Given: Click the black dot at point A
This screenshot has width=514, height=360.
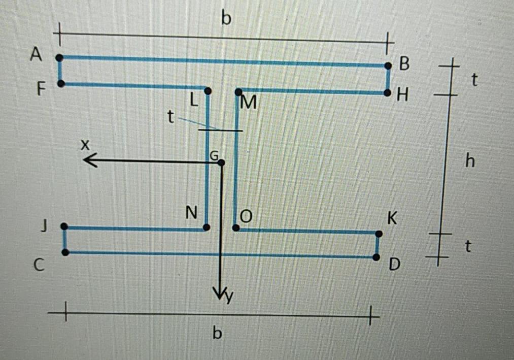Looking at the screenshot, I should click(x=59, y=57).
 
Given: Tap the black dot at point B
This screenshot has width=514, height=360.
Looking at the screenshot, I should click(x=388, y=66).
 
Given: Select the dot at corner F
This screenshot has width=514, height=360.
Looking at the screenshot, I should click(x=61, y=83).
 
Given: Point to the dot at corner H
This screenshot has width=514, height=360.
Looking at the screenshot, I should click(x=387, y=93).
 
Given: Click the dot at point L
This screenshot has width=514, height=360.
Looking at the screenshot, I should click(x=207, y=91).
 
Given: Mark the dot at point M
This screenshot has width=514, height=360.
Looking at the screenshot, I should click(x=238, y=92).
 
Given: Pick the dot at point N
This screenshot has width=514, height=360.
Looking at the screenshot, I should click(x=206, y=227).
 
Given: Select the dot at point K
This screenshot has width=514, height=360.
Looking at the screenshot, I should click(x=379, y=234).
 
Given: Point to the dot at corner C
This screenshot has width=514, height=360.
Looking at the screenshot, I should click(x=65, y=252).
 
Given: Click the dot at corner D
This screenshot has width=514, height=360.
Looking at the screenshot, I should click(x=376, y=257).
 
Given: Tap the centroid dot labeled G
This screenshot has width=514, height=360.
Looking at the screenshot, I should click(x=221, y=162).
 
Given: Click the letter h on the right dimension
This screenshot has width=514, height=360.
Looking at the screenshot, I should click(x=470, y=161).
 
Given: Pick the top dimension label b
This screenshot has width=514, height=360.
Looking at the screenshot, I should click(x=226, y=19).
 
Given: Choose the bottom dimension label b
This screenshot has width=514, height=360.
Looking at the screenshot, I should click(x=217, y=334).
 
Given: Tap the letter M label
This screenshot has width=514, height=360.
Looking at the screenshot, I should click(x=249, y=103).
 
